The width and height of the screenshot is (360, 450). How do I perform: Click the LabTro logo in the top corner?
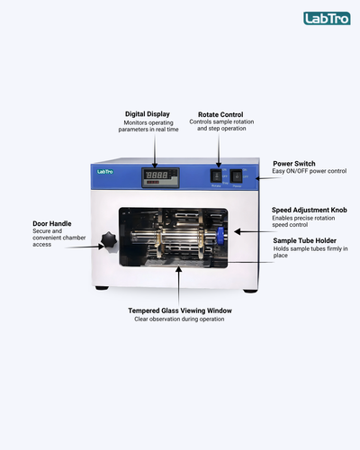[x=327, y=18]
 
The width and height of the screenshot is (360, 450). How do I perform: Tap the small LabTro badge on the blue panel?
[x=105, y=172]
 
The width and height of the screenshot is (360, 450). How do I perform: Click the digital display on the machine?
[x=160, y=177]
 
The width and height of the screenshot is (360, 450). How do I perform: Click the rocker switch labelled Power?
[x=236, y=176]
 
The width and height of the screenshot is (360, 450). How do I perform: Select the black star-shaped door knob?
[x=109, y=240]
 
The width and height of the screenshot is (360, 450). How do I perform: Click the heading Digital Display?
[x=148, y=114]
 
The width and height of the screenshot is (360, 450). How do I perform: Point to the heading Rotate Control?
[x=220, y=114]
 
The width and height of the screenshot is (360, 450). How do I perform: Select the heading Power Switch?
[x=294, y=164]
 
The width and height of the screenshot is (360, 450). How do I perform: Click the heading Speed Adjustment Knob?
[x=310, y=210]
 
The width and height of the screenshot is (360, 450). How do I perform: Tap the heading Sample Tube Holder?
[x=304, y=240]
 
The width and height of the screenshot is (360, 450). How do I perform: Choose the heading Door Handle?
[x=52, y=223]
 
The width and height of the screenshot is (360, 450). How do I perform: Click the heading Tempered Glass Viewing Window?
[x=180, y=310]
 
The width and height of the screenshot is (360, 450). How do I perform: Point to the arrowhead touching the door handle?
[x=102, y=247]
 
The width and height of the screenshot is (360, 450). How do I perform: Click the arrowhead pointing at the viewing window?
[x=179, y=269]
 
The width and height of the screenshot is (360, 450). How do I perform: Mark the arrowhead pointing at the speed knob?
[x=237, y=231]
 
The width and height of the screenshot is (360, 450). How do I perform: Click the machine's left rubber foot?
[x=102, y=288]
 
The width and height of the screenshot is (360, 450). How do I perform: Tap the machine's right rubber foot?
[x=250, y=291]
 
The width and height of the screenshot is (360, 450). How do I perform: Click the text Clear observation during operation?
[x=179, y=319]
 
